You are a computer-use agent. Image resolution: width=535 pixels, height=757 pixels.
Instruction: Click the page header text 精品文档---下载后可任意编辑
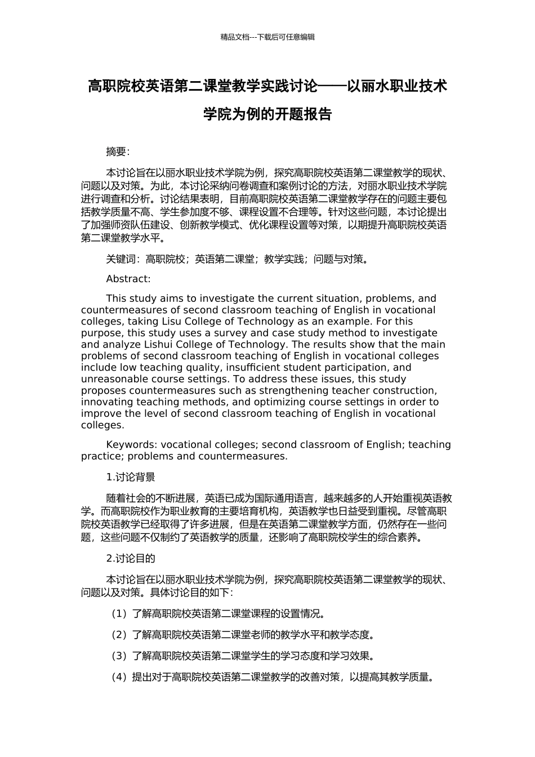[x=267, y=37]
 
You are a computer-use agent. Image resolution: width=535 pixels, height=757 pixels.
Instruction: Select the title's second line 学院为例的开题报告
[x=267, y=114]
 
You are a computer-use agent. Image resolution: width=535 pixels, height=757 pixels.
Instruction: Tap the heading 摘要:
[x=118, y=152]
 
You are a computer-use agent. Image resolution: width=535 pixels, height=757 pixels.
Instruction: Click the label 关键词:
[x=123, y=259]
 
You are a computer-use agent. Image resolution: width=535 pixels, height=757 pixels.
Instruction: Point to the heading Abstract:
[x=128, y=279]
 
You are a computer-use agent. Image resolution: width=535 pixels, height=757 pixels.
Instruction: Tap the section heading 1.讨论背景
[x=131, y=477]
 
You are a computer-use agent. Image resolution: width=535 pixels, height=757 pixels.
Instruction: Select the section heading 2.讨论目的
[x=131, y=558]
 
